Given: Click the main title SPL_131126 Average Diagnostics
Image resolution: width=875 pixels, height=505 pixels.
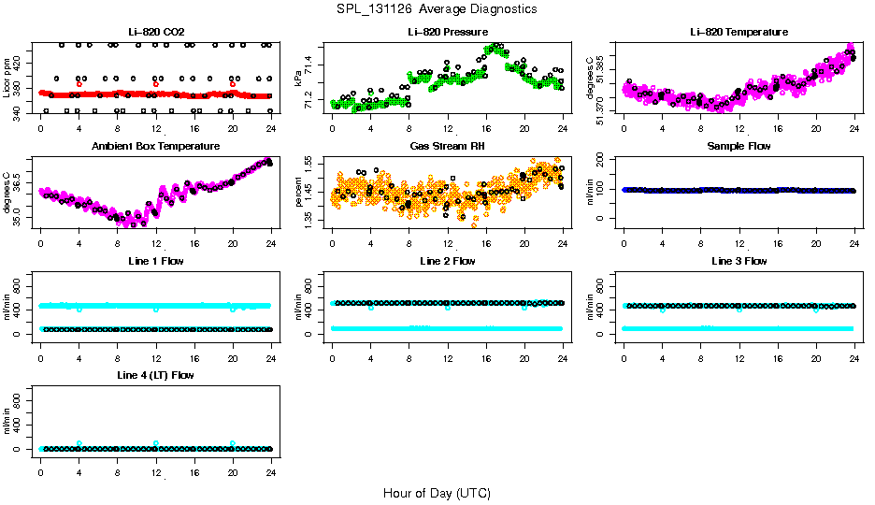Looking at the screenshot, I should [437, 8].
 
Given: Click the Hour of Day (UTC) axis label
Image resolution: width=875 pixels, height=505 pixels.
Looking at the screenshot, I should [437, 493].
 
